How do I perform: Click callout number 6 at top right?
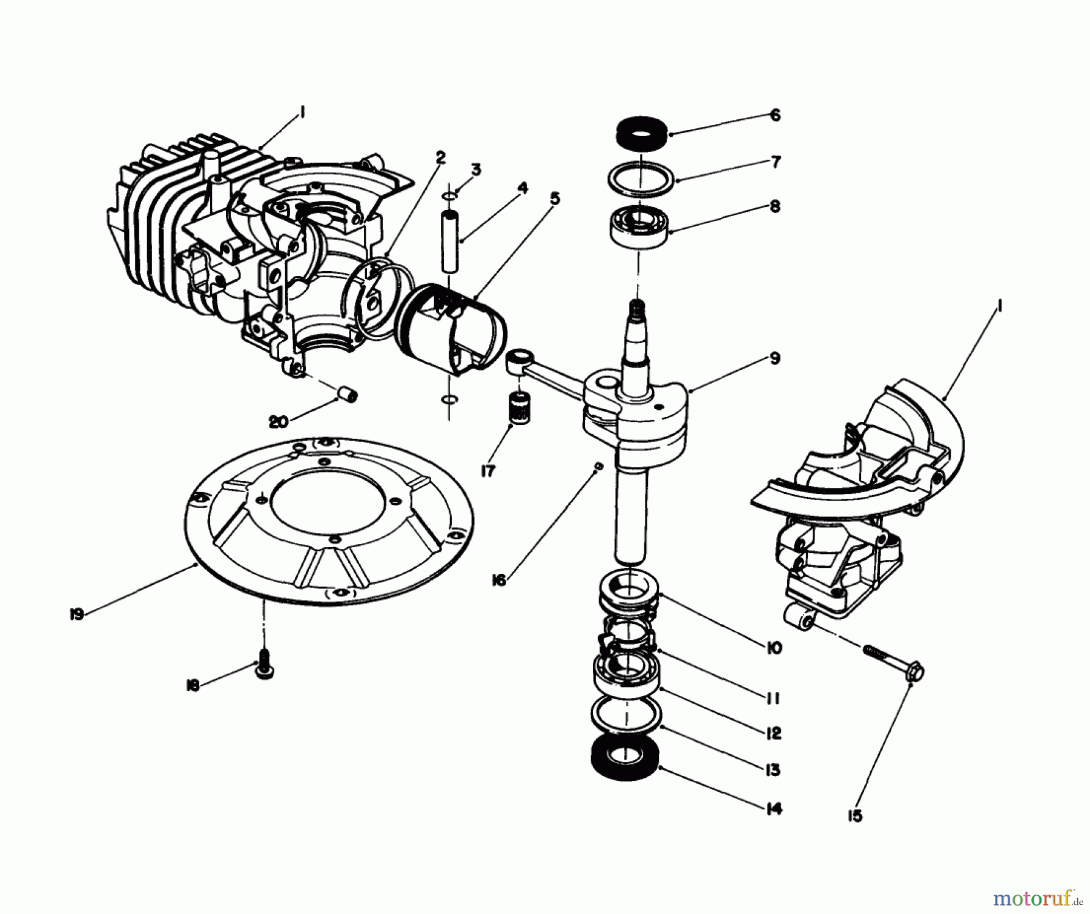(776, 115)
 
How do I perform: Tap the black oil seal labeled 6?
(641, 133)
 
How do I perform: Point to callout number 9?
(775, 358)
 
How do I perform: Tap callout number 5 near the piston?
(555, 199)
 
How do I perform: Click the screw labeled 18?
(263, 669)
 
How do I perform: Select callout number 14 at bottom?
(774, 809)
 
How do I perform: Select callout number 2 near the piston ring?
(440, 158)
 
